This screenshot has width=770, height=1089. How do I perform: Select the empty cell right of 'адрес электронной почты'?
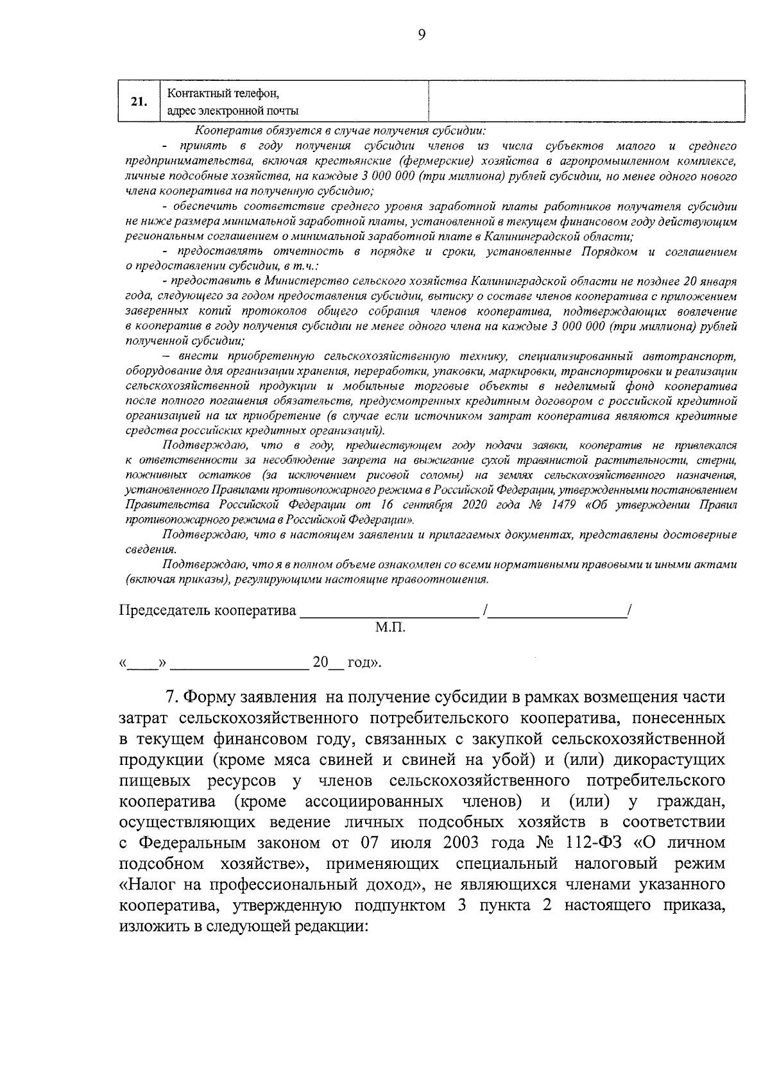(585, 101)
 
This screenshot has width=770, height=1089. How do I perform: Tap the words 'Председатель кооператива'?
(208, 610)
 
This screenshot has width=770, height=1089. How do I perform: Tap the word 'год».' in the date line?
(364, 662)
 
